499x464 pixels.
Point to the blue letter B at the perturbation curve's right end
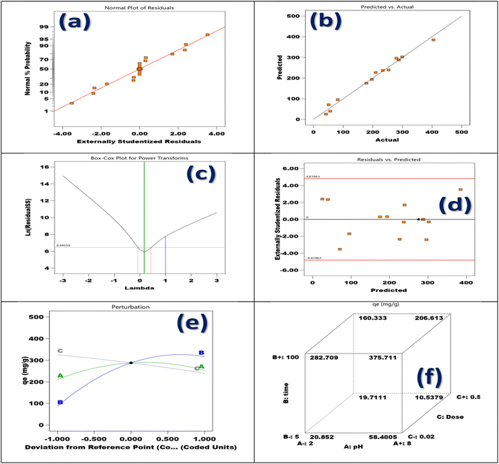(201, 352)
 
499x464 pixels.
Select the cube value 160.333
(373, 318)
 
